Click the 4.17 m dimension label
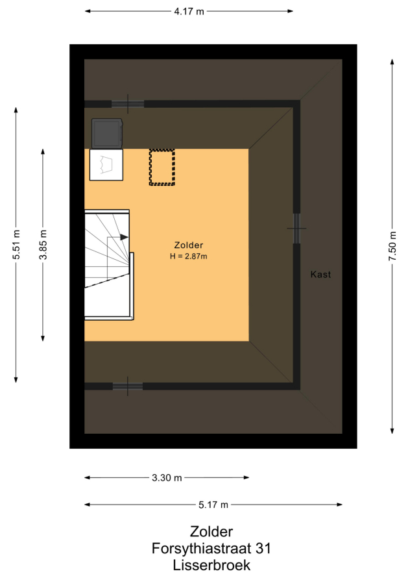[189, 12]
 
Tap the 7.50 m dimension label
[392, 246]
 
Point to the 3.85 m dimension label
[43, 244]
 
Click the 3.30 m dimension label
[167, 478]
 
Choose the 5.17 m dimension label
[213, 505]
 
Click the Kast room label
[320, 274]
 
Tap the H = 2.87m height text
[189, 256]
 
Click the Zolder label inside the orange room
[189, 245]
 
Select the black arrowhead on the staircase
[124, 237]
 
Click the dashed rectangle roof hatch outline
[162, 167]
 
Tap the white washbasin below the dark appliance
[106, 165]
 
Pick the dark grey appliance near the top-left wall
[107, 133]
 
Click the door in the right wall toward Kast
[296, 229]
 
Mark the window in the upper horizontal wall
[128, 104]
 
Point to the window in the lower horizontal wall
[128, 386]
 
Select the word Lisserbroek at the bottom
[211, 565]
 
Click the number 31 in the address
[263, 549]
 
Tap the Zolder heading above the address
[211, 531]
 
